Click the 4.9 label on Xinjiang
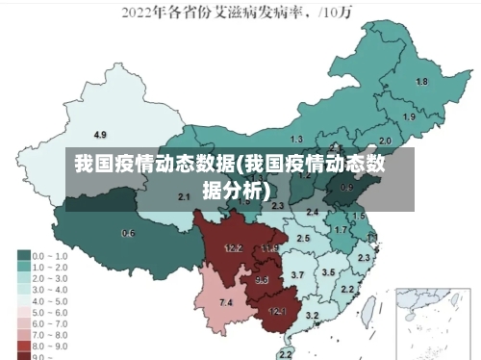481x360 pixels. pos(100,134)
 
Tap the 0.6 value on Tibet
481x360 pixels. pos(128,233)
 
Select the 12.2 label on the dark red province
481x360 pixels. pos(233,247)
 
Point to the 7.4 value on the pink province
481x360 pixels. pos(226,303)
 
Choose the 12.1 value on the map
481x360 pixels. pos(277,311)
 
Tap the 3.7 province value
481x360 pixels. pos(297,275)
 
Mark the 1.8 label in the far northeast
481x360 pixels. pos(421,82)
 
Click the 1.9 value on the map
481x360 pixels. pos(409,116)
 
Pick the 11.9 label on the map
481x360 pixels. pos(268,248)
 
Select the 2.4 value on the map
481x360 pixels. pos(312,212)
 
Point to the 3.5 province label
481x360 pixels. pos(328,272)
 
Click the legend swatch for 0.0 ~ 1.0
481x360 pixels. pos(23,256)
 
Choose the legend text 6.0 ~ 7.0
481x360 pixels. pos(48,323)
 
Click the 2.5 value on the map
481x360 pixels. pos(303,237)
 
